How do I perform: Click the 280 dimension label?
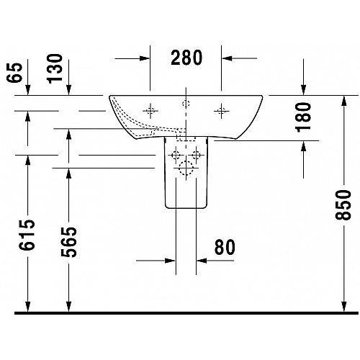tap(186, 58)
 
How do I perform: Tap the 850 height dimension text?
tap(343, 204)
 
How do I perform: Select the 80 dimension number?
tap(225, 247)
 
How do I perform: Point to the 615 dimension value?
tap(27, 235)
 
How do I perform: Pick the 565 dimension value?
tap(68, 242)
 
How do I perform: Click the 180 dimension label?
tap(303, 117)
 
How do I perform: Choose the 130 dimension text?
tap(55, 68)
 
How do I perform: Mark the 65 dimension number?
tap(14, 73)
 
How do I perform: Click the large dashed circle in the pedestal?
tap(186, 168)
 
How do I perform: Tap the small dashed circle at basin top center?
tap(186, 104)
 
